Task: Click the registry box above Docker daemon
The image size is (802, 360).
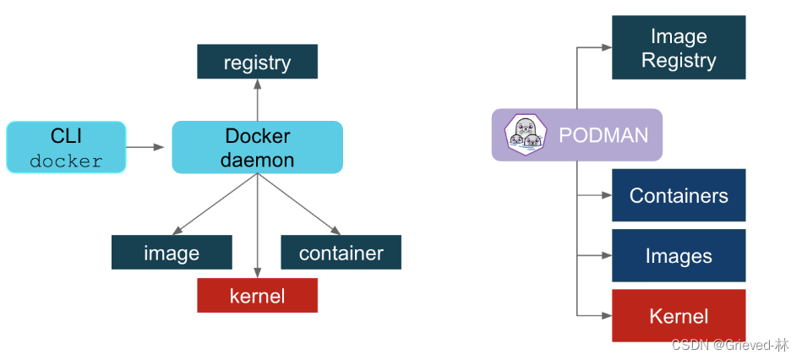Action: (257, 63)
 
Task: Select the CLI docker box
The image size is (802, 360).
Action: (66, 148)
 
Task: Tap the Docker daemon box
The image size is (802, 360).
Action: (257, 148)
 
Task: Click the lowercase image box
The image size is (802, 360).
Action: (172, 253)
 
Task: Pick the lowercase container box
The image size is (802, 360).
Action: (341, 253)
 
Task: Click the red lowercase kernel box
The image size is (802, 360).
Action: (257, 296)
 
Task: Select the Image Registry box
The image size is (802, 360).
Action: (678, 48)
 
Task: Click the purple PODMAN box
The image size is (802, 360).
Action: (577, 135)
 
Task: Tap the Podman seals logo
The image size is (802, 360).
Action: (525, 135)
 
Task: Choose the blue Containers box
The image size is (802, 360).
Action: (678, 195)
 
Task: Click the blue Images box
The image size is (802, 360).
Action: (678, 256)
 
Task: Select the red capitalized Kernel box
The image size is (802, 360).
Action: (678, 316)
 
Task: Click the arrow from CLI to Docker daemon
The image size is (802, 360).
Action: (145, 148)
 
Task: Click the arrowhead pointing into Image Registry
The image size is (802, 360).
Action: (605, 48)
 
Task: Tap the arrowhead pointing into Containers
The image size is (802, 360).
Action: (605, 195)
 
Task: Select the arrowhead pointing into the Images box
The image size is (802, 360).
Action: (605, 256)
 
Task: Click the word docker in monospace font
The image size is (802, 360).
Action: (66, 161)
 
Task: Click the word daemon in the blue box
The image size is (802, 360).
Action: (257, 160)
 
